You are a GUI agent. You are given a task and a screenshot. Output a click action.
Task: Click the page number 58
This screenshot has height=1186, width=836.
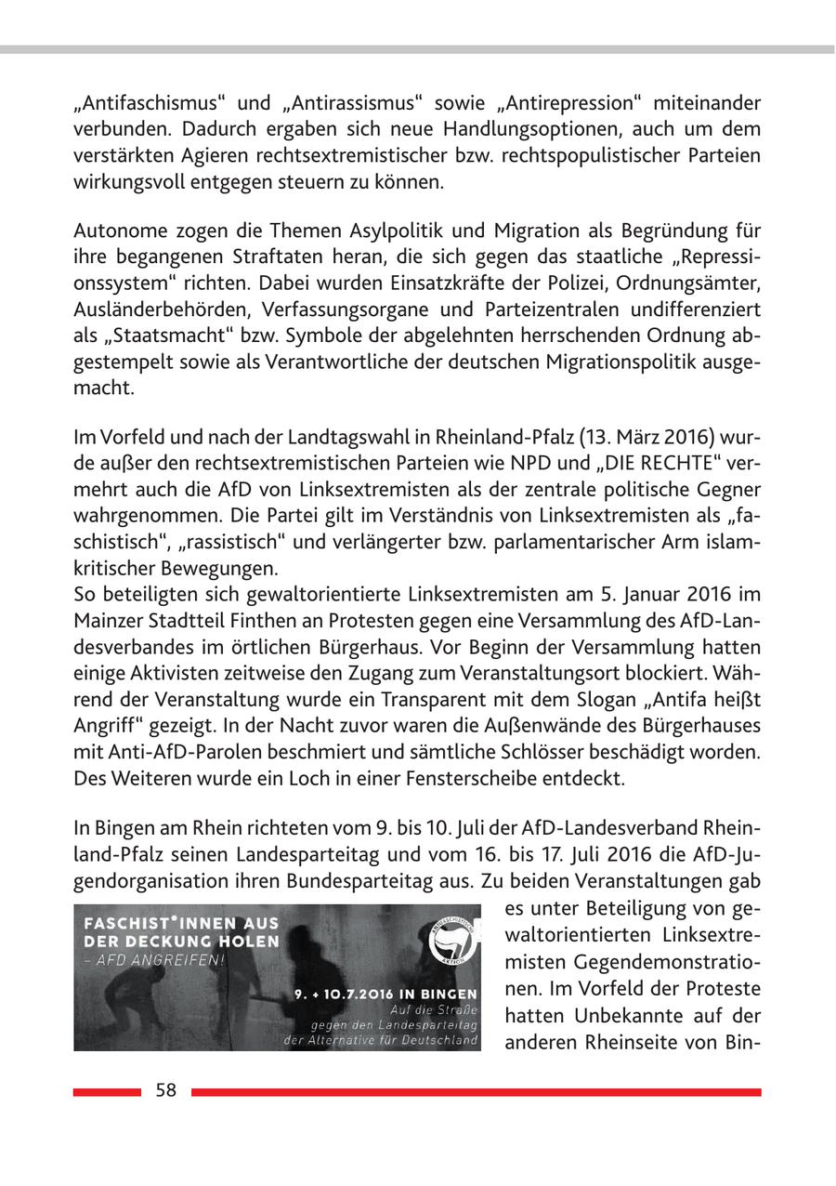tap(165, 1091)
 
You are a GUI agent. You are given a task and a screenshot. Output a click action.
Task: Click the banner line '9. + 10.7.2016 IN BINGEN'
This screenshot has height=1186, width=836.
tap(385, 993)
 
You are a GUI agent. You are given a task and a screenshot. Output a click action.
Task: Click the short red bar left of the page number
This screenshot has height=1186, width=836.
tap(107, 1092)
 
